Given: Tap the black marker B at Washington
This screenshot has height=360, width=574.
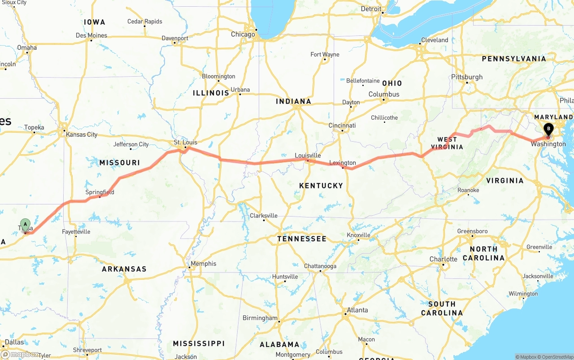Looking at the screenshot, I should [x=548, y=130].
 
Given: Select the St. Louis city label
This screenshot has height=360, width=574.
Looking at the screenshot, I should [x=185, y=143].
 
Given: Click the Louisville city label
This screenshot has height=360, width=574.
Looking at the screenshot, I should [x=308, y=156].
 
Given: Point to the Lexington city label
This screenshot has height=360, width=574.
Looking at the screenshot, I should [x=343, y=163].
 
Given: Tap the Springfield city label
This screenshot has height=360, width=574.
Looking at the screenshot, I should [x=100, y=192].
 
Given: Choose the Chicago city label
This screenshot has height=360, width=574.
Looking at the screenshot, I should [x=243, y=35].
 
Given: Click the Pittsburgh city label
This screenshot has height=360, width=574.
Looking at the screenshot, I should [x=467, y=77].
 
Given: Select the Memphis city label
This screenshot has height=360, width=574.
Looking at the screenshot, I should [x=203, y=264].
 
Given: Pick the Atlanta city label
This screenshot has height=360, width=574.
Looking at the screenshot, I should [x=357, y=310].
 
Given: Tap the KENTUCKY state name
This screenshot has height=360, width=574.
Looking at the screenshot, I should [x=321, y=186].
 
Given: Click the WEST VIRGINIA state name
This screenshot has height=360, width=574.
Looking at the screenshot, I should [x=447, y=143].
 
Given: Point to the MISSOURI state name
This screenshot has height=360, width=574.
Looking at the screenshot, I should [x=120, y=163].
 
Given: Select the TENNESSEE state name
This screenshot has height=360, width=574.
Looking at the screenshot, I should [x=302, y=239].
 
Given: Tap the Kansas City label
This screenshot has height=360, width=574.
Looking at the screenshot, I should [x=82, y=134].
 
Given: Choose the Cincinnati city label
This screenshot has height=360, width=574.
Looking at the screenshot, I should [x=342, y=126].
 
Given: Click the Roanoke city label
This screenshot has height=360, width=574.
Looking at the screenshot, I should [x=468, y=190].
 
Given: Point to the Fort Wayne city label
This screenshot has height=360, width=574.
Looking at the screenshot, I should [x=325, y=55].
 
